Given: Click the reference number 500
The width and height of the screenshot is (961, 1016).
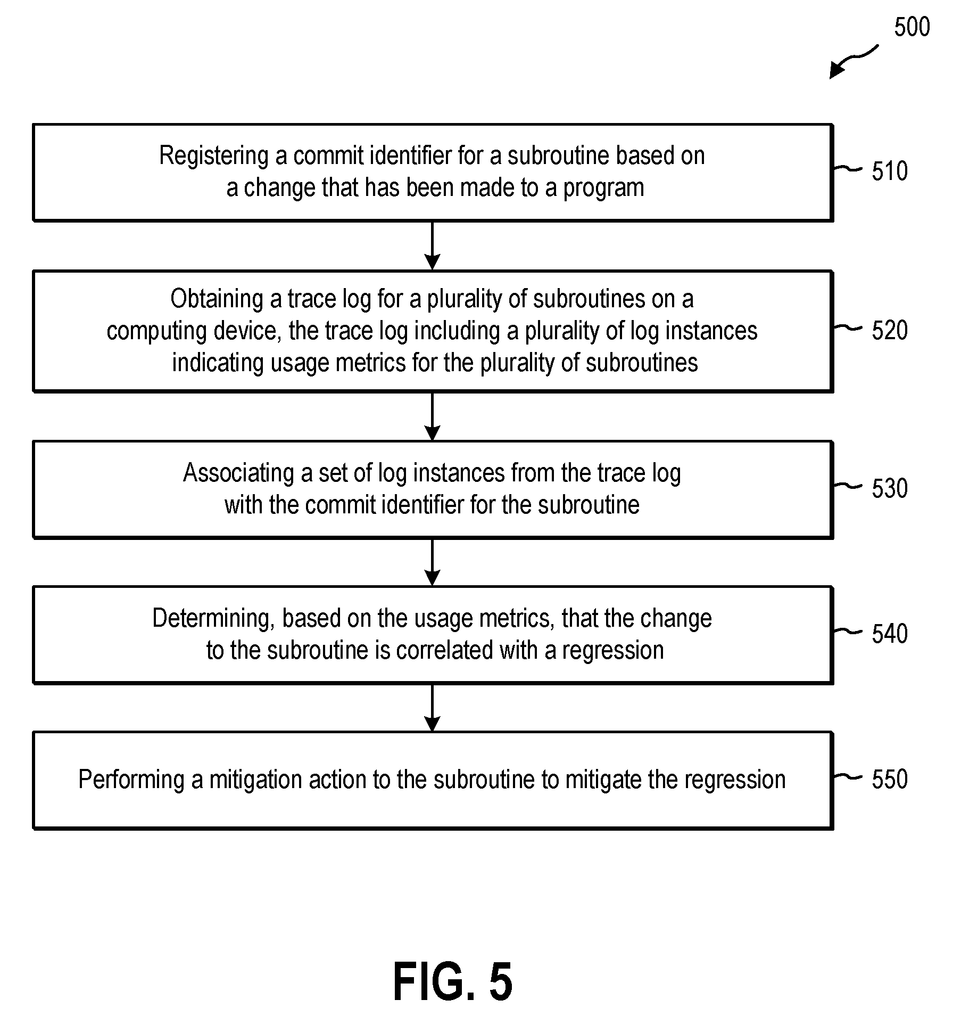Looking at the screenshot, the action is tap(912, 27).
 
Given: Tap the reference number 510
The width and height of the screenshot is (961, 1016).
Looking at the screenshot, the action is tap(889, 171).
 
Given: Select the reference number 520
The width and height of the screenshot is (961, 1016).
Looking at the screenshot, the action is tap(889, 330).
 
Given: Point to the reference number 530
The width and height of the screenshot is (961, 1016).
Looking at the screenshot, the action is tap(889, 488).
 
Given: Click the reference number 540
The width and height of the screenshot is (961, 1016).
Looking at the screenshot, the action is tap(889, 634).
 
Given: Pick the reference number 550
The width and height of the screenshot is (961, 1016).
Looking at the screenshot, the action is tap(889, 779).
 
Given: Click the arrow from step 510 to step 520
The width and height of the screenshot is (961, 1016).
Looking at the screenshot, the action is tap(432, 245).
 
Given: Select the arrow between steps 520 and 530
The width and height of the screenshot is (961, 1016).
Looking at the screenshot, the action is tap(432, 416).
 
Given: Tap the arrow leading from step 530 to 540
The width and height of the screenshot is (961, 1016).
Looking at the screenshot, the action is tap(432, 562).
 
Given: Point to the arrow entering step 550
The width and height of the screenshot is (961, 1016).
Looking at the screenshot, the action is tap(432, 708).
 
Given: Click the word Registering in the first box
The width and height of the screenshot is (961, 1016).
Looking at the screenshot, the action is tap(214, 157).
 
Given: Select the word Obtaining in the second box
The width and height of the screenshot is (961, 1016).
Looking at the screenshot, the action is tap(217, 299).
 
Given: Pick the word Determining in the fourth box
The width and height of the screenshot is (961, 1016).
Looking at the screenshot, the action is tap(213, 619).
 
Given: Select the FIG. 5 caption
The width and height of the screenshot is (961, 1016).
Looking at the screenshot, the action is tap(453, 981).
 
